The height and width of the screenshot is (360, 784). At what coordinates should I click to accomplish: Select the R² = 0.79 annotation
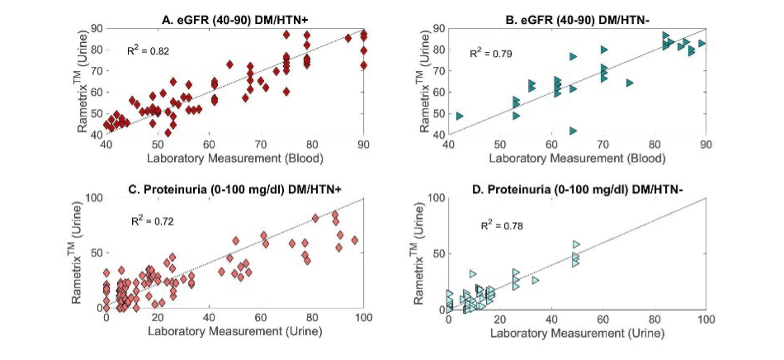(489, 53)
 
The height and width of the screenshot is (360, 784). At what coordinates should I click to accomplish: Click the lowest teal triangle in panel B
(573, 130)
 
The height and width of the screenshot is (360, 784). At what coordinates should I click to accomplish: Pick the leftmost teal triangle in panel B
(459, 116)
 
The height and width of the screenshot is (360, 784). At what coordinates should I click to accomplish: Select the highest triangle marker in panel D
(576, 244)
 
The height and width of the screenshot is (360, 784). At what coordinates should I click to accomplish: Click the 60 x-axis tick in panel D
(602, 318)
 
